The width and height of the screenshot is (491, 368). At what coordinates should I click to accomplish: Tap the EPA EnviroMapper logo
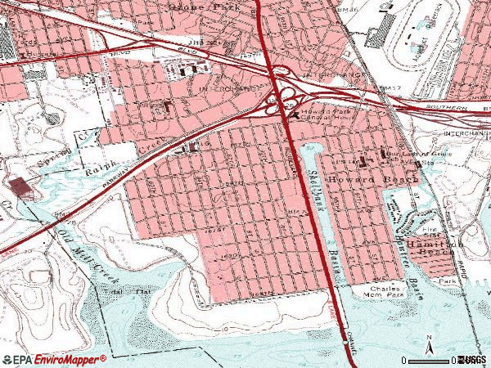click(x=54, y=359)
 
